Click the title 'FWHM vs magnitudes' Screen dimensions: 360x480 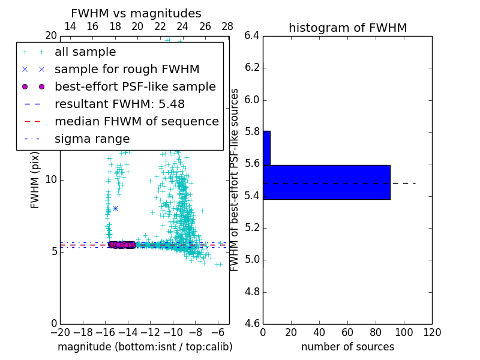(x=136, y=13)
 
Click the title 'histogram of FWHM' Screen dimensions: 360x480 (x=347, y=28)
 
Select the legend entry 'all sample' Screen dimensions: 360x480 (x=85, y=52)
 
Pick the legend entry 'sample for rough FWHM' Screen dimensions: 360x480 (x=127, y=70)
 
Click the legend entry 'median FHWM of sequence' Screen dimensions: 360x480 (x=136, y=122)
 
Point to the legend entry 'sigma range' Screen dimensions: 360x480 (x=92, y=139)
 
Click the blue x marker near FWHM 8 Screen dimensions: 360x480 (x=115, y=208)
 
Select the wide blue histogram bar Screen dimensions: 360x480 (x=326, y=182)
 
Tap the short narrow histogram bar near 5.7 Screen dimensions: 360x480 (x=266, y=148)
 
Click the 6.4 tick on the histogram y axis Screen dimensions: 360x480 (x=252, y=35)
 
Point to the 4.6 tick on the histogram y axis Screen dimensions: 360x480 (x=252, y=324)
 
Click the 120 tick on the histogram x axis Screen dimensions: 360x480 (x=432, y=332)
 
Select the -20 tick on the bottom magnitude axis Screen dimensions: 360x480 (x=60, y=332)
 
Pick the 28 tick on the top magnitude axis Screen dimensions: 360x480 (x=227, y=26)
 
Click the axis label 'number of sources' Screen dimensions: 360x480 (x=347, y=347)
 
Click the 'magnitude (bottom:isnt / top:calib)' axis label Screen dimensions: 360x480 (x=145, y=347)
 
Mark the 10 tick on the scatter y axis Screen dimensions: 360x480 (x=51, y=180)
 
